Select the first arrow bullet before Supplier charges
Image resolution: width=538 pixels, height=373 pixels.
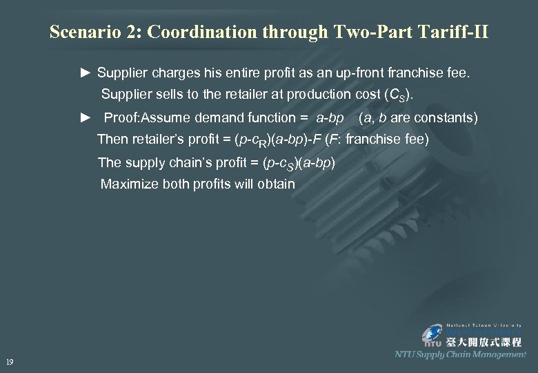point(86,72)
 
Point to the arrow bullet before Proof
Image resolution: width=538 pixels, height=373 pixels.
point(86,118)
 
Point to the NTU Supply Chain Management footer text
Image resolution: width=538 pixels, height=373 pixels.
point(460,354)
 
